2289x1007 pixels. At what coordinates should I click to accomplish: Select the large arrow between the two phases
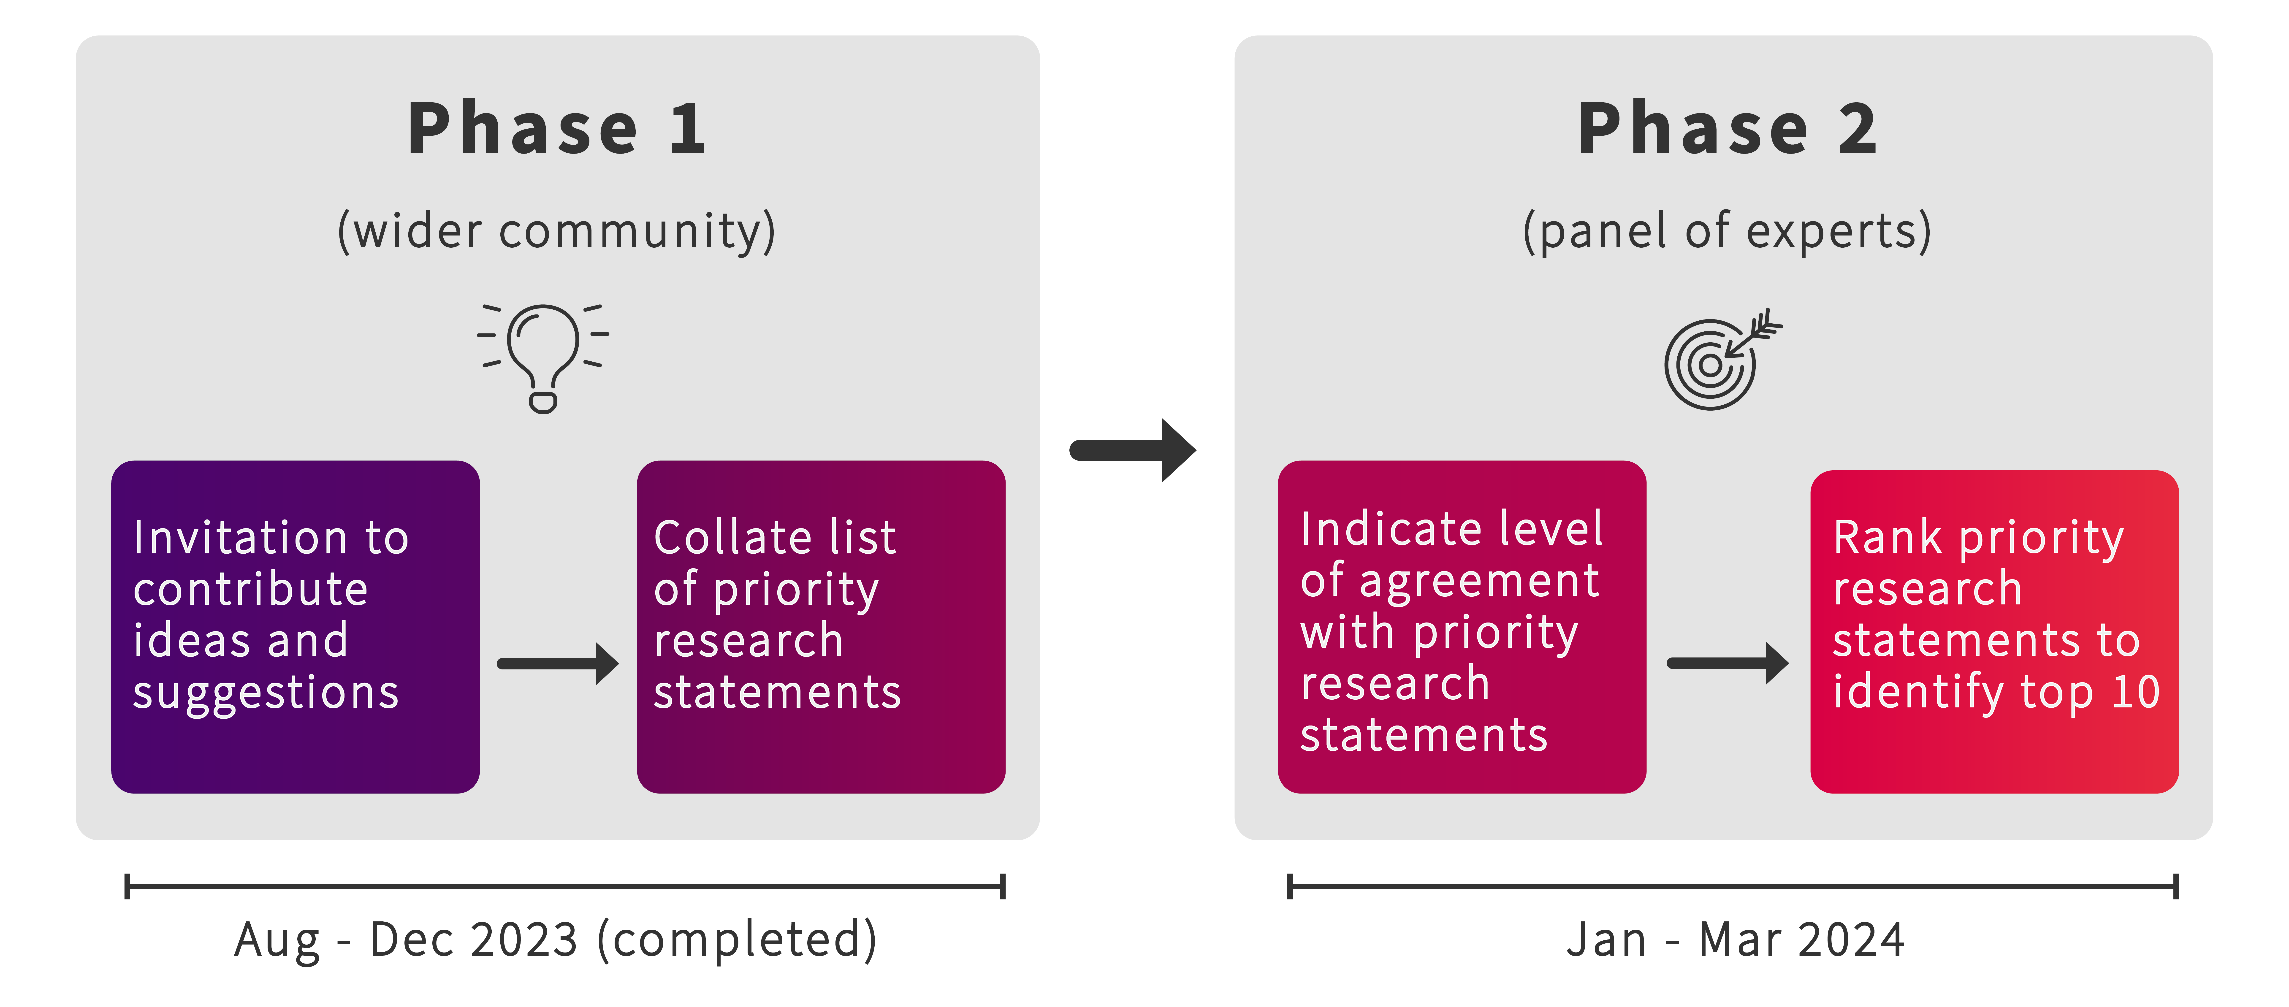(1133, 451)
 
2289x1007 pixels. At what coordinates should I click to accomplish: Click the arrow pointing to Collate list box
(558, 664)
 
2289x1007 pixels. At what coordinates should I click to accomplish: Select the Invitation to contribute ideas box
(295, 627)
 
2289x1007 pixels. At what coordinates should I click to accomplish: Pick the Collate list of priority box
(821, 627)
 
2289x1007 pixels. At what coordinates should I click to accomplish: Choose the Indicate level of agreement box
(1462, 627)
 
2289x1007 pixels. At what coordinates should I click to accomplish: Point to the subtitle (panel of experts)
(1728, 231)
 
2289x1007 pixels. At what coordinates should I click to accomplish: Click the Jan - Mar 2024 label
(1735, 939)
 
